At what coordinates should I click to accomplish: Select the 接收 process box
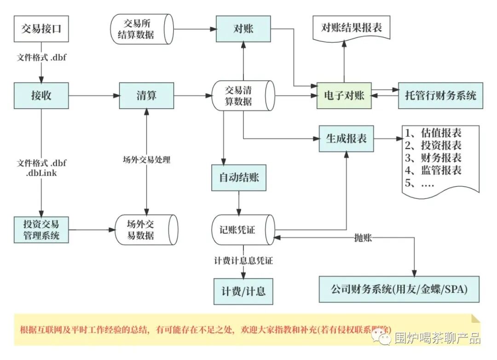coord(41,96)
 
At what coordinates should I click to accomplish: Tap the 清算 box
coord(146,96)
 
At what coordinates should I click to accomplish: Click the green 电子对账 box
coord(344,96)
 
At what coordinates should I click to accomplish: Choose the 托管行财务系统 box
coord(440,96)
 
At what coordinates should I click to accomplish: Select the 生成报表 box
coord(346,139)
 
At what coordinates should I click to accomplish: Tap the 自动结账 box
coord(238,177)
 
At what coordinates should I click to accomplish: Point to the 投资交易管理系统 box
coord(41,230)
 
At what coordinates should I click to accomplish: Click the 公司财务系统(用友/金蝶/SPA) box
coord(399,289)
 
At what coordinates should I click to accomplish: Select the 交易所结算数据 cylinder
coord(141,29)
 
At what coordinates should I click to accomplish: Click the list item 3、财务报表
coord(433,158)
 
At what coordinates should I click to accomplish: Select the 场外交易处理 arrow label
coord(146,160)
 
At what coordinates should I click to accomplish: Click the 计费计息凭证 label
coord(243,261)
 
